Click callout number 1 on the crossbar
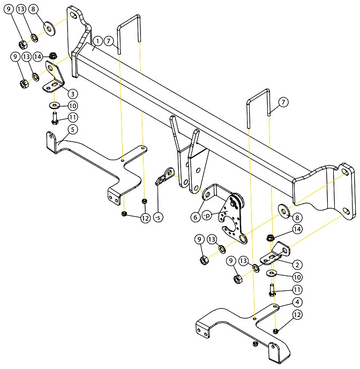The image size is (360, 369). click(x=97, y=41)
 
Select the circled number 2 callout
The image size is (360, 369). click(x=297, y=265)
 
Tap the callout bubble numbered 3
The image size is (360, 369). click(x=72, y=94)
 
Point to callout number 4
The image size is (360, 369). click(x=297, y=302)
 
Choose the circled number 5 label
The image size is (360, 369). click(x=72, y=129)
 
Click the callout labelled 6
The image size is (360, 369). click(x=195, y=217)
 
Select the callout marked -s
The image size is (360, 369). click(x=158, y=217)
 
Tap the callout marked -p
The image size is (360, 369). click(x=206, y=215)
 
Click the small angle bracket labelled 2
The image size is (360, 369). click(x=276, y=254)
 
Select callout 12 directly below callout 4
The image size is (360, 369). click(x=297, y=314)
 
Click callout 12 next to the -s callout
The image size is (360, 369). click(x=146, y=218)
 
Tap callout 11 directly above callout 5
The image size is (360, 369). click(x=72, y=117)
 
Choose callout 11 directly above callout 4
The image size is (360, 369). click(x=297, y=290)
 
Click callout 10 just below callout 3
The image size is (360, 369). click(x=72, y=106)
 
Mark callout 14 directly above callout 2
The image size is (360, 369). click(x=297, y=229)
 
